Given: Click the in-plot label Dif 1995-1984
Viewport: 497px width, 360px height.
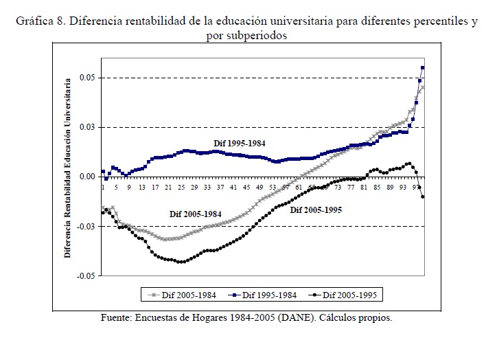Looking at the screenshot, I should tap(238, 143).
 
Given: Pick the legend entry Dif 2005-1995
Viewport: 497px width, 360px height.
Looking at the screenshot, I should tap(350, 295).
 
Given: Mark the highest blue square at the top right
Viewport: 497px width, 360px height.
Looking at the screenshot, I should tap(423, 67).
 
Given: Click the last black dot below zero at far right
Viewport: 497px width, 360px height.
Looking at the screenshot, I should tap(423, 197).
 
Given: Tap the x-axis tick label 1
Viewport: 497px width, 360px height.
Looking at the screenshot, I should tap(102, 187).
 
